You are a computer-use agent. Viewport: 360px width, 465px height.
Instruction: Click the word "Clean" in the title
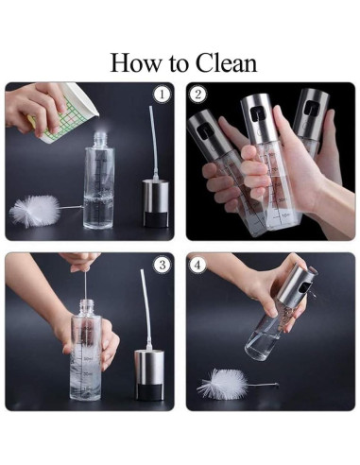pos(226,63)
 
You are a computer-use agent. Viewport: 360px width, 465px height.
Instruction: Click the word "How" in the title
pos(135,63)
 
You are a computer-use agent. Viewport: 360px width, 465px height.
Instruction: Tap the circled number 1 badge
pos(162,95)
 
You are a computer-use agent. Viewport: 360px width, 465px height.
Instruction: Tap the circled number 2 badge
pos(197,95)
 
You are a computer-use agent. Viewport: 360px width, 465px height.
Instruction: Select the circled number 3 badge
pos(162,265)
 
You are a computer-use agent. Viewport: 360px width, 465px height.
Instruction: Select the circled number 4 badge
pos(197,265)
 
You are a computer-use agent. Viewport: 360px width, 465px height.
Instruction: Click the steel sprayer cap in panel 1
pos(156,203)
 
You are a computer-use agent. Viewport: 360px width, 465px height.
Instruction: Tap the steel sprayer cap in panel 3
pos(148,374)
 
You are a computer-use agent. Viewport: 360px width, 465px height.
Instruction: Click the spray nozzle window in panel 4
pos(305,287)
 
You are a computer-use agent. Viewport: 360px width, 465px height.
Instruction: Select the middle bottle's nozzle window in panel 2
pos(257,112)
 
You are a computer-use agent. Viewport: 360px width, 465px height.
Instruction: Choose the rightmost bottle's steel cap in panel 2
pos(310,113)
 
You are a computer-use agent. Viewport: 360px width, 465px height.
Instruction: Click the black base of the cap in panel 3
pos(148,392)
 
